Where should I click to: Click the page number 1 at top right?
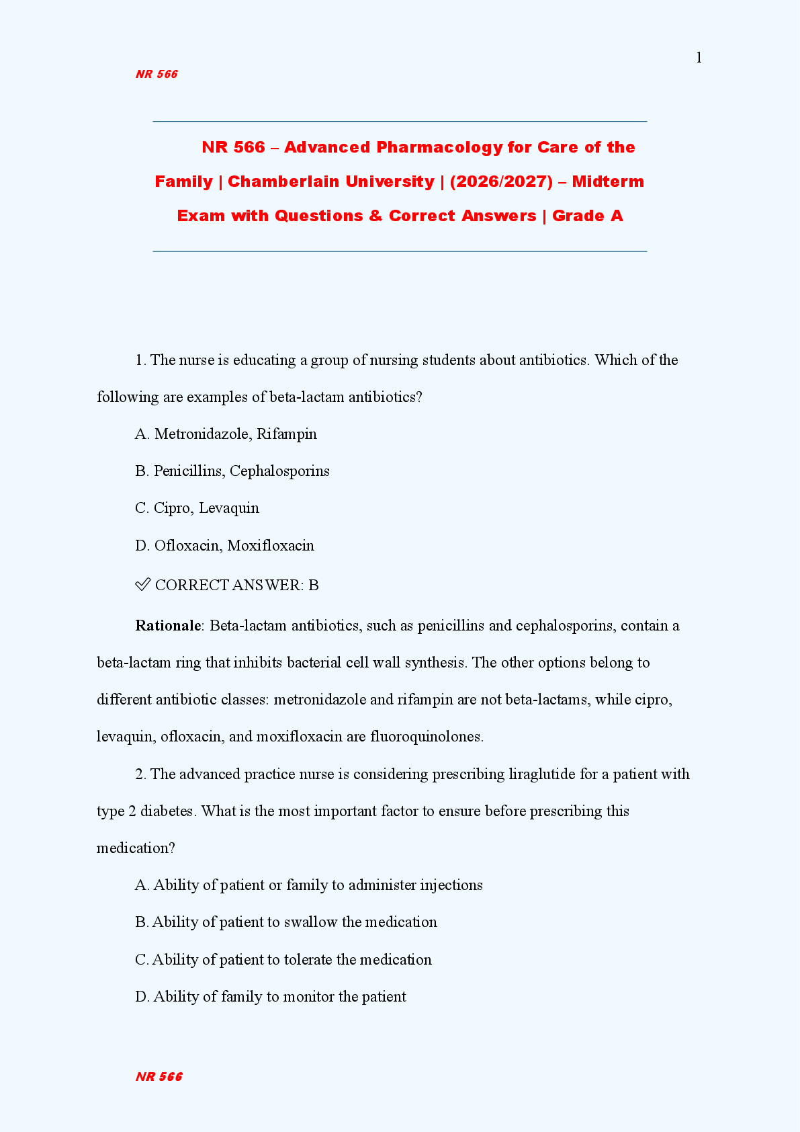[699, 58]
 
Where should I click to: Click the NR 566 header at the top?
[157, 74]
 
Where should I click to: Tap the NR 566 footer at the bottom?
[159, 1076]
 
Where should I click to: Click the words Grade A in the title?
[588, 216]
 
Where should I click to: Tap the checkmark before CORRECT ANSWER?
[142, 584]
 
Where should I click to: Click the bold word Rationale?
[168, 625]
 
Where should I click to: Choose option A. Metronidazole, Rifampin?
[226, 434]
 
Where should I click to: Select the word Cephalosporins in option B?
[279, 471]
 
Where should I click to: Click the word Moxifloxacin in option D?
[271, 545]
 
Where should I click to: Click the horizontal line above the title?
[400, 122]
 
